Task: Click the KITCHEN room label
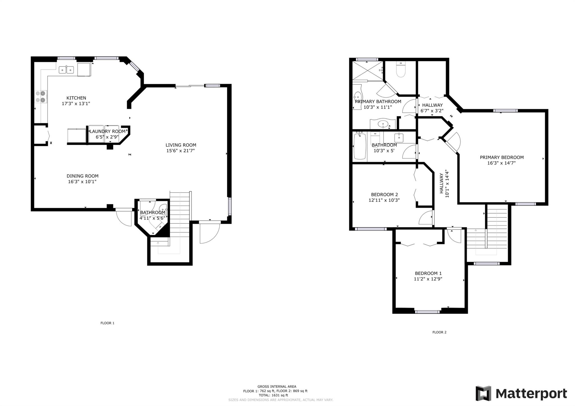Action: [x=76, y=98]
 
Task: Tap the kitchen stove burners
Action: [x=40, y=97]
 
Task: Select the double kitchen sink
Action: [x=66, y=70]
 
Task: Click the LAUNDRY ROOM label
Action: [x=108, y=131]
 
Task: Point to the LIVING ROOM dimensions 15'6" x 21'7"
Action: [x=181, y=151]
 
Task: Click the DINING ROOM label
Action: [x=82, y=176]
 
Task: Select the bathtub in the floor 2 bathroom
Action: [x=360, y=147]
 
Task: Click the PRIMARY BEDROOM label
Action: [x=502, y=157]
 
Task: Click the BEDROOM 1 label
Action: [x=428, y=273]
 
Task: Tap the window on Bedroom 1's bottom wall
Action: [x=427, y=312]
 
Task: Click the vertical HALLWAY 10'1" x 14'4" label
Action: [x=444, y=183]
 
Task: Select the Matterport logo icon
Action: [x=483, y=393]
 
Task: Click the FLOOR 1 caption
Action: [x=107, y=323]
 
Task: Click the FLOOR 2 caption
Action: [x=439, y=332]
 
